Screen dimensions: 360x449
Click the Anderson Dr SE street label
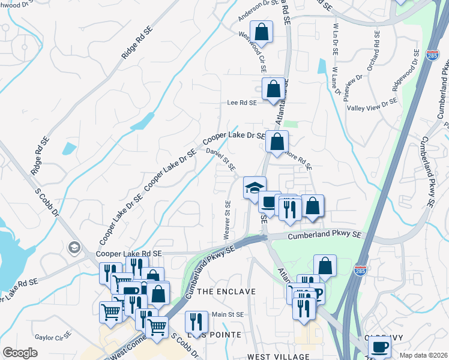coord(254,10)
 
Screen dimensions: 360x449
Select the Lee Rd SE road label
coord(241,103)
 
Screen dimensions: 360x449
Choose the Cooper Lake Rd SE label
coord(129,254)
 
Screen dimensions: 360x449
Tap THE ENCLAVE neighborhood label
coord(226,291)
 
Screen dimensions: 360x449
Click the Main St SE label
coord(228,314)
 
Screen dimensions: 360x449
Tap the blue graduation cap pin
coord(255,187)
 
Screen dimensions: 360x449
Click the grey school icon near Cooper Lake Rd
coord(74,247)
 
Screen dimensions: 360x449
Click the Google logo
coord(20,353)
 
